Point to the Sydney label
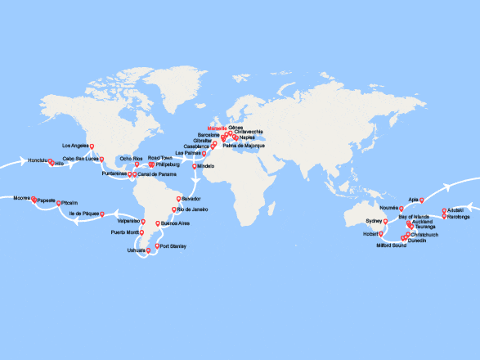pos(374,221)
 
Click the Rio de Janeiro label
pos(191,209)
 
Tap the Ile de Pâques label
pos(84,213)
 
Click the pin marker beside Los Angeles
pos(92,138)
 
